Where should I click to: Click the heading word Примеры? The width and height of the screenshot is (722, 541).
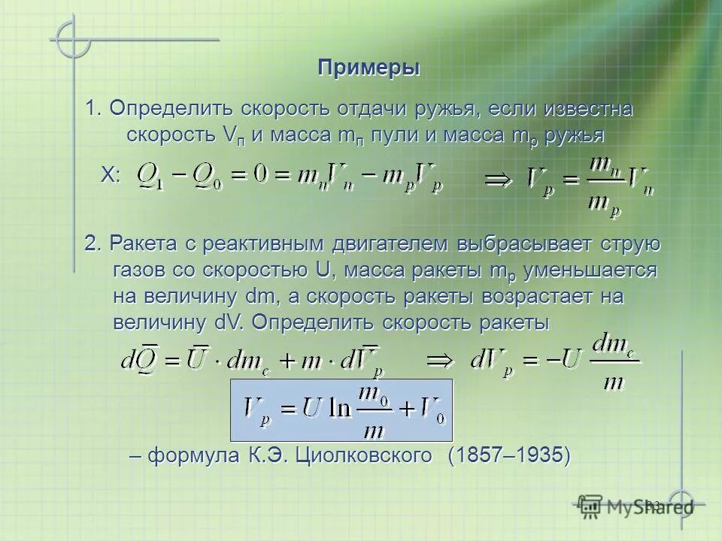[369, 68]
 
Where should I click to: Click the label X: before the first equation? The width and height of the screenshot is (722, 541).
[111, 176]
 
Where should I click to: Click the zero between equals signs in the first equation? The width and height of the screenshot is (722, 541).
[262, 177]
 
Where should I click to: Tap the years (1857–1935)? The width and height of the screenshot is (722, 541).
[509, 455]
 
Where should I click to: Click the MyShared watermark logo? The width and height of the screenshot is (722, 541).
[636, 505]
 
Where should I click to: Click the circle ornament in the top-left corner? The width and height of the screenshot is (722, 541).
[73, 38]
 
